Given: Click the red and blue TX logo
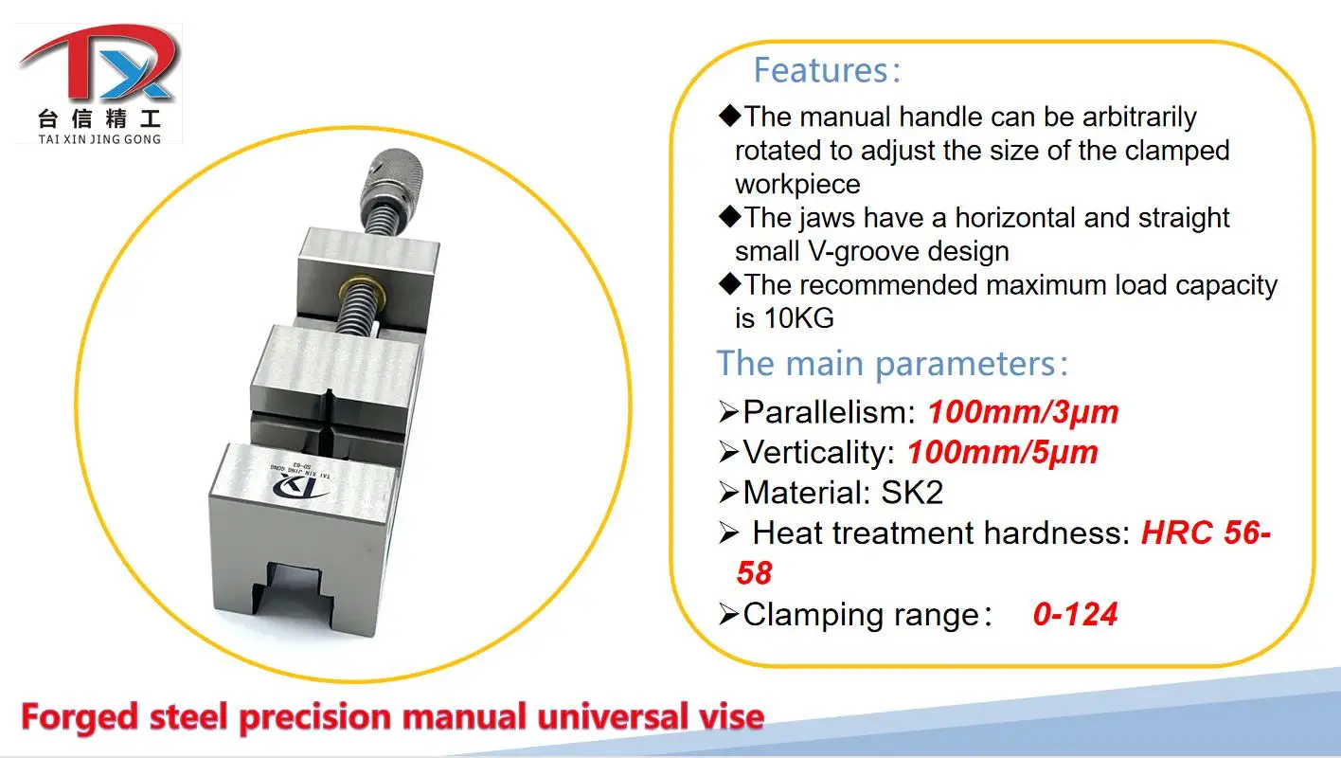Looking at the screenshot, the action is [x=99, y=63].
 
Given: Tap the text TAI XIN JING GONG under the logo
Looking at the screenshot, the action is [x=100, y=139].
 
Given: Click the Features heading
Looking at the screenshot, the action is [x=826, y=71].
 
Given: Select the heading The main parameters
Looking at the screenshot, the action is [x=892, y=364].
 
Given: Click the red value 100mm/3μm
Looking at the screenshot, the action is [x=1023, y=412].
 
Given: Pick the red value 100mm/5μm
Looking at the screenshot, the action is [x=1003, y=453].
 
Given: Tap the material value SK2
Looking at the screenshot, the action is [x=912, y=493].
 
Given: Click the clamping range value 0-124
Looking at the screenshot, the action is [x=1075, y=614].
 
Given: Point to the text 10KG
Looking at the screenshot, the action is [x=799, y=318].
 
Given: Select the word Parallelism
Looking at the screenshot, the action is [x=830, y=412].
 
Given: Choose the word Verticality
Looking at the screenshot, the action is [x=819, y=453].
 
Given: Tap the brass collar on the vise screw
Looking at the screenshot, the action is [x=362, y=290].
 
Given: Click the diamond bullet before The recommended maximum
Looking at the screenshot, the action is [x=730, y=284].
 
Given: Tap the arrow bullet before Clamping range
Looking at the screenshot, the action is [x=728, y=615].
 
